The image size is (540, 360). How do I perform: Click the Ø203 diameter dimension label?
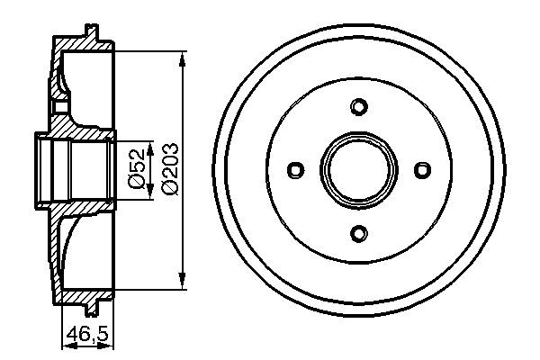168,169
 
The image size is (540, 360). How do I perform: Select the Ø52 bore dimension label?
135,170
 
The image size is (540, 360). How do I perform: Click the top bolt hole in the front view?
358,107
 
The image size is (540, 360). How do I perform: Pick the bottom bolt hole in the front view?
358,233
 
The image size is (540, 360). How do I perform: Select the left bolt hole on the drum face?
295,169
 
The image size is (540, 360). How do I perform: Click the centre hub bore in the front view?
358,169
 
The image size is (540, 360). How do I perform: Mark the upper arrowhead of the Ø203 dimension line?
184,58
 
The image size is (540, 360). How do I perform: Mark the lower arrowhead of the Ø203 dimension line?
184,281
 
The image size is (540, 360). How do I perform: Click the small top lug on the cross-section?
93,34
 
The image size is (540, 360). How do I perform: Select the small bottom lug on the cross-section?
93,304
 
